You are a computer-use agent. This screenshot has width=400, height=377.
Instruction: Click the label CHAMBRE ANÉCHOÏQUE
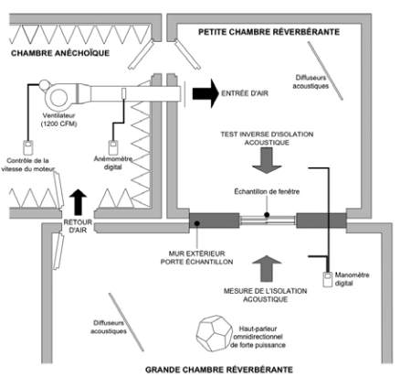click(x=60, y=53)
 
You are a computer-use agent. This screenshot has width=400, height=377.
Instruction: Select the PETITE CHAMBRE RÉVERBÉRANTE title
click(x=269, y=32)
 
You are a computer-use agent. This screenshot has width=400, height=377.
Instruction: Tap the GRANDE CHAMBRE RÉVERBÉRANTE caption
click(x=219, y=370)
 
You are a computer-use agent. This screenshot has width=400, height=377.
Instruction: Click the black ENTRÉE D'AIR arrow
click(x=205, y=93)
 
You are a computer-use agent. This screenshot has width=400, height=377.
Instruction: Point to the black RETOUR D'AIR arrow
click(x=78, y=202)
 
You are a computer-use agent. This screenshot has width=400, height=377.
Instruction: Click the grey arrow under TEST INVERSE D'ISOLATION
click(x=267, y=160)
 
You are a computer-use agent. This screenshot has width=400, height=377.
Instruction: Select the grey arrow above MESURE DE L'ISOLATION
click(x=267, y=268)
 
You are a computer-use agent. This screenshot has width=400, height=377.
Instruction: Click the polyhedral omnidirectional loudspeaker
click(x=213, y=333)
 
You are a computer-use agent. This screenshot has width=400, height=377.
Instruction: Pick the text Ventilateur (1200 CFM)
click(x=58, y=120)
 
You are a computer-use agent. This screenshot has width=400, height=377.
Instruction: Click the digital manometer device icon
click(x=328, y=279)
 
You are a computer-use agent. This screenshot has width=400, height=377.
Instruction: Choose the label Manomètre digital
click(x=352, y=279)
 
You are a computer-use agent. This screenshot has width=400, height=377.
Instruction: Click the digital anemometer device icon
click(x=113, y=147)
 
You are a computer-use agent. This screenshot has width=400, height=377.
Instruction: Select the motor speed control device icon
click(x=28, y=147)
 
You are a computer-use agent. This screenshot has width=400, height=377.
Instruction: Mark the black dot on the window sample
click(x=267, y=215)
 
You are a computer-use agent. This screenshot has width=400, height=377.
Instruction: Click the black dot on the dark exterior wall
click(x=197, y=223)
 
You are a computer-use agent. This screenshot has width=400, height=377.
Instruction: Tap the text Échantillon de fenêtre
click(x=267, y=192)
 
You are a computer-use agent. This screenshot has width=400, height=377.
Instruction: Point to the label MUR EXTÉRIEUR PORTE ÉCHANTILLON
click(x=196, y=258)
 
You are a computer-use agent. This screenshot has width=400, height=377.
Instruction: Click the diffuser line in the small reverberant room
click(x=325, y=70)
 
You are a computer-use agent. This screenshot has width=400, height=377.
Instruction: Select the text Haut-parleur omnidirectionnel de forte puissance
click(x=258, y=337)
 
